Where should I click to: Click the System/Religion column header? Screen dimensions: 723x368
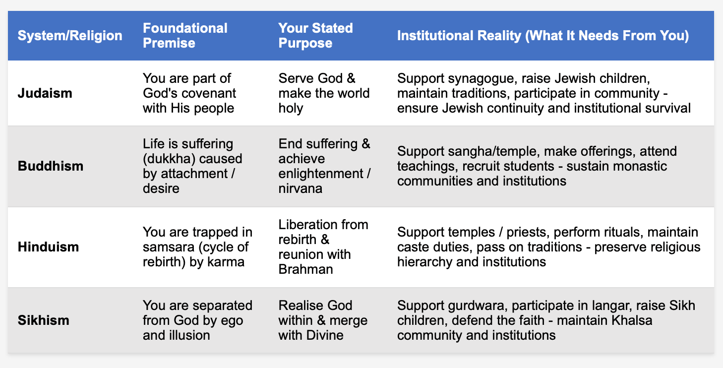click(x=70, y=36)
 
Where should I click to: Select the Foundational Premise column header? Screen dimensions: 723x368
click(x=185, y=35)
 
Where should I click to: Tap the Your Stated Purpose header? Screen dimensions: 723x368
click(x=315, y=35)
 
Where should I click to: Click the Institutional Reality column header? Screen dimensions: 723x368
click(x=543, y=36)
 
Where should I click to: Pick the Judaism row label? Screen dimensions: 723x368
click(x=45, y=93)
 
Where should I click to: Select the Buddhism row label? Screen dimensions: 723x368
click(x=51, y=166)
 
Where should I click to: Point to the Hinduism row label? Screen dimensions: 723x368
click(x=49, y=246)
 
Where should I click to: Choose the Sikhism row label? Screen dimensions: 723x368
click(x=44, y=320)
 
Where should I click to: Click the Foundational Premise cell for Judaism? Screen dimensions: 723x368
click(x=189, y=93)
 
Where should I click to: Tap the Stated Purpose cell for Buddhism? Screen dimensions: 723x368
click(x=324, y=166)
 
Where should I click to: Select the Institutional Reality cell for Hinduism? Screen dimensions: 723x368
click(x=549, y=246)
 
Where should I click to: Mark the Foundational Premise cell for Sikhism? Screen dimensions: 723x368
click(x=197, y=320)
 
